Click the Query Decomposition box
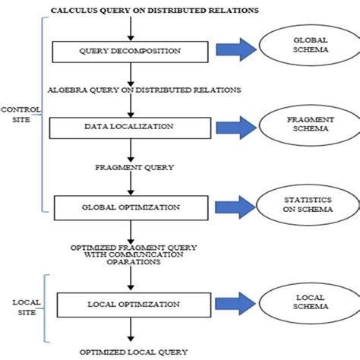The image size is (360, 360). (x=131, y=51)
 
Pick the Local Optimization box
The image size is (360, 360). (x=131, y=304)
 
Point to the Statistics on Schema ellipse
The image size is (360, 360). (x=305, y=204)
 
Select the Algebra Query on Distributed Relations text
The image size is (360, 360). (x=144, y=90)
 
